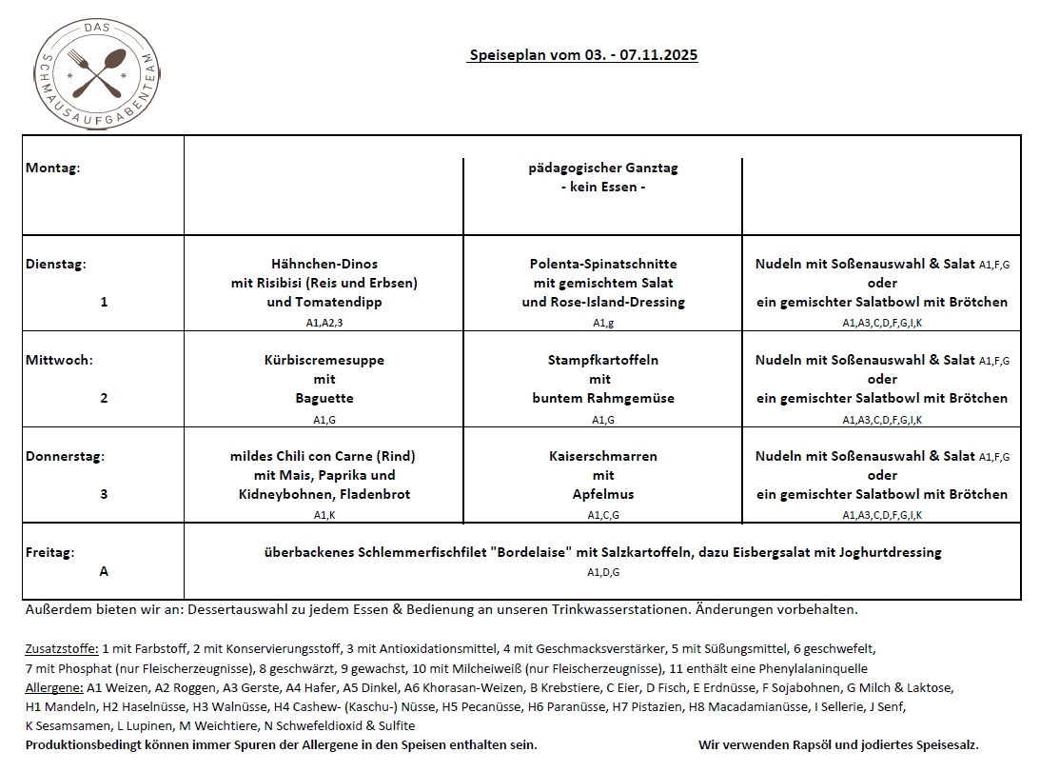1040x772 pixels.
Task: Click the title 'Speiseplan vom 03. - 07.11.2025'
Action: tap(583, 55)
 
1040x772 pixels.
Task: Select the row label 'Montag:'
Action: tap(53, 168)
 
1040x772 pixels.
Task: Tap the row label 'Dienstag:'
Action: tap(56, 264)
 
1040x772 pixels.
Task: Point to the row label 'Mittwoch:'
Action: tap(59, 360)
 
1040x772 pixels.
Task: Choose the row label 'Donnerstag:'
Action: tap(65, 456)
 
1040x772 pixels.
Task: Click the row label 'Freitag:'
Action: tap(50, 552)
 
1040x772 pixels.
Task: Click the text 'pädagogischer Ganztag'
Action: tap(603, 168)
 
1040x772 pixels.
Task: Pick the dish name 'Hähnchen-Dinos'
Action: tap(324, 264)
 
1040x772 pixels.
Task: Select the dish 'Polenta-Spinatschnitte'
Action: tap(603, 264)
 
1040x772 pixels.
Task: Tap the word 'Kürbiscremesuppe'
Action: tap(324, 360)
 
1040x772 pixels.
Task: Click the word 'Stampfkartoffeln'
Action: tap(603, 360)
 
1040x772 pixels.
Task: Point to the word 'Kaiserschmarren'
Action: tap(603, 456)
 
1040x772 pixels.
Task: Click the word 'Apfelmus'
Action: tap(603, 494)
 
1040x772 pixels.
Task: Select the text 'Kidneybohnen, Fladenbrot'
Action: tap(324, 494)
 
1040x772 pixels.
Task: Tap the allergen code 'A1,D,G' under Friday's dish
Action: tap(603, 572)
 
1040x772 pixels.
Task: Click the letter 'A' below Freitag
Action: tap(104, 571)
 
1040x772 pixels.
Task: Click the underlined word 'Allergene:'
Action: tap(54, 686)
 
